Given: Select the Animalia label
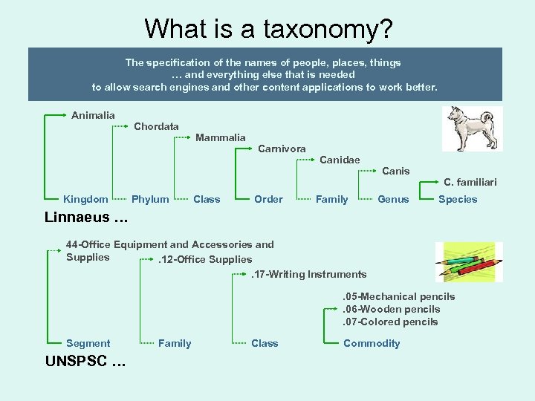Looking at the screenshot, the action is (x=93, y=115).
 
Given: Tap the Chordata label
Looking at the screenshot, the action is (x=156, y=127).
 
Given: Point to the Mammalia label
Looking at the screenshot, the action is (x=220, y=137).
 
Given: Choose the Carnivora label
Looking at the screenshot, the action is (x=282, y=149).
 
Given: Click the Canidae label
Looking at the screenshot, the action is (x=340, y=160).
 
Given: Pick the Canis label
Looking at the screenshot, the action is (x=395, y=172).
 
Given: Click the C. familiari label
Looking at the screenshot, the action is (x=470, y=183).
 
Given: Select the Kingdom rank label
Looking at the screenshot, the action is (x=85, y=199).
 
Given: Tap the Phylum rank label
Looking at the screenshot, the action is (x=150, y=199).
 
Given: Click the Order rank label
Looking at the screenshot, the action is (x=268, y=199).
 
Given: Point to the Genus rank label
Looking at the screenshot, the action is (x=393, y=199).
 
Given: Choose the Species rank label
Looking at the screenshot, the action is (x=458, y=199).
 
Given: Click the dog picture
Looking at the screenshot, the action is (x=473, y=128).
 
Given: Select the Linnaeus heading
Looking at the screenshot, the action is (x=86, y=218).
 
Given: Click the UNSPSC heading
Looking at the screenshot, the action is (x=85, y=362).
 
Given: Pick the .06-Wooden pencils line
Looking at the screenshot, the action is (x=391, y=309).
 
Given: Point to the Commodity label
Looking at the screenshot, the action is (x=372, y=343).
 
